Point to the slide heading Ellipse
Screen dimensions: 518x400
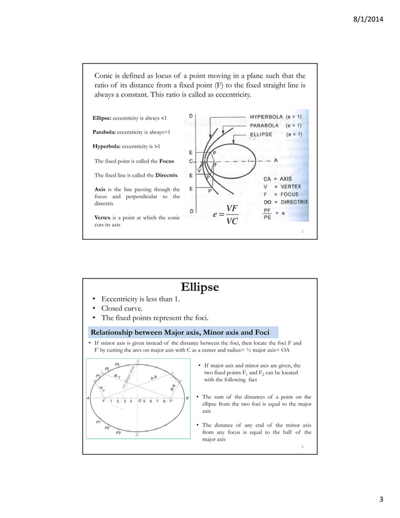point(199,288)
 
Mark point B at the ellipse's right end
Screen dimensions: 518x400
point(187,398)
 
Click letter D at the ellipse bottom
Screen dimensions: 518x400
point(137,435)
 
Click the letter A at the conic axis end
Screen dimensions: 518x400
point(275,160)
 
